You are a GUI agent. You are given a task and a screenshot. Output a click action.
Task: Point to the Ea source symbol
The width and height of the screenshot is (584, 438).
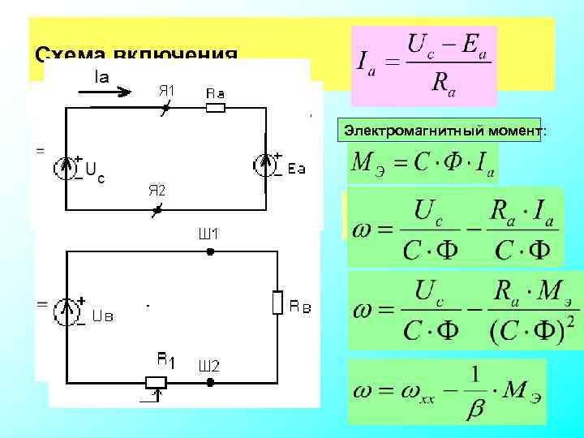coord(266,165)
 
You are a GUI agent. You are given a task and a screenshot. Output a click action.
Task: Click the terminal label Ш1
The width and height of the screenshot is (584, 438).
coord(208,234)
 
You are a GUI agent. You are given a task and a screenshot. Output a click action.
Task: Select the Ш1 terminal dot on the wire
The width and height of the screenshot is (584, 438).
coord(209,252)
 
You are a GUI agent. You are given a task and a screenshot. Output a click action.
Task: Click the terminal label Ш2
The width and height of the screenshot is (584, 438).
coord(208,366)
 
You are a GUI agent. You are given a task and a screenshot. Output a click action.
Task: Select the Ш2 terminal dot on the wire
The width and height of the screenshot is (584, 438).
coord(209,381)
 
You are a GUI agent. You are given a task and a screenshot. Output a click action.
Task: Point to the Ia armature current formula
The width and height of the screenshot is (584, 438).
coord(423,66)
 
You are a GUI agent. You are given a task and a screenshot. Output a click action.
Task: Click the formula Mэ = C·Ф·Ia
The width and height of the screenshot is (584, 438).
coord(422,165)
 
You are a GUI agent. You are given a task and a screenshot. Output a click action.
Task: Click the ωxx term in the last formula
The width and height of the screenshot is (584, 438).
coord(411,392)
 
